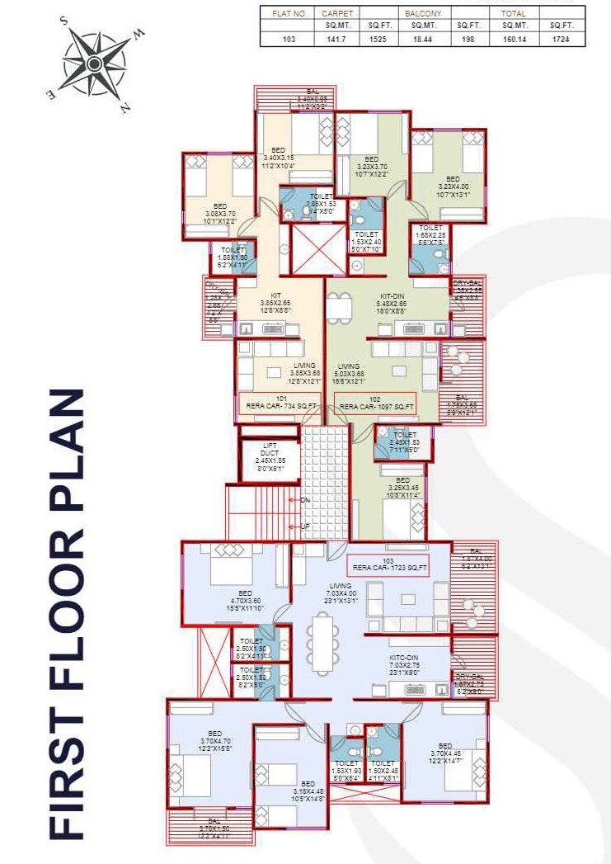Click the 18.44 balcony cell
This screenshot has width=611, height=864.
pos(422,39)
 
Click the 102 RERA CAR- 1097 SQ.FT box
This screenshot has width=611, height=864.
pos(375,403)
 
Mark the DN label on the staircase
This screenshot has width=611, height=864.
pos(306,500)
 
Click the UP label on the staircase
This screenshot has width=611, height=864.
pos(306,525)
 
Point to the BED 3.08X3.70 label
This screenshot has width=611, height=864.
pos(219,211)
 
